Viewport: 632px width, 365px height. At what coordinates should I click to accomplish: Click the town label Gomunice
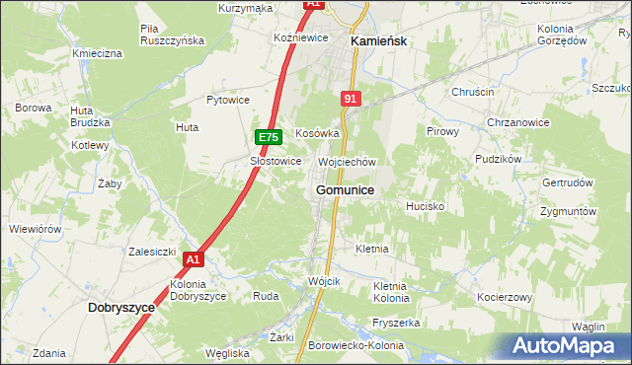pos(345,189)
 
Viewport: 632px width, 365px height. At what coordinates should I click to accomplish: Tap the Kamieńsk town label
pos(380,41)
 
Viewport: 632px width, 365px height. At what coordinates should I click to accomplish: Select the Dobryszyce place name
pos(121,307)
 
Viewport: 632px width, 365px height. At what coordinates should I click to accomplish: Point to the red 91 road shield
pos(351,99)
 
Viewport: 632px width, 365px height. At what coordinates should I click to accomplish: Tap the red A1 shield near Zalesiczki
pos(193,259)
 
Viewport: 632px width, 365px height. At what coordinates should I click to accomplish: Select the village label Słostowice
pos(276,161)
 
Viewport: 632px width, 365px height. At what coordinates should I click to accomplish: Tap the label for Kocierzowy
pos(505,297)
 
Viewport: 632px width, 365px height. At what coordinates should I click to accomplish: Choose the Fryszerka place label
pos(397,323)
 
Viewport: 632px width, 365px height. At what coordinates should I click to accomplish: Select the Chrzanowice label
pos(518,121)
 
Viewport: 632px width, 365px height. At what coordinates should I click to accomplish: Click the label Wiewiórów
pos(36,229)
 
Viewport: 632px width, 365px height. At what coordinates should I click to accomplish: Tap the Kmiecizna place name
pos(97,52)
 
